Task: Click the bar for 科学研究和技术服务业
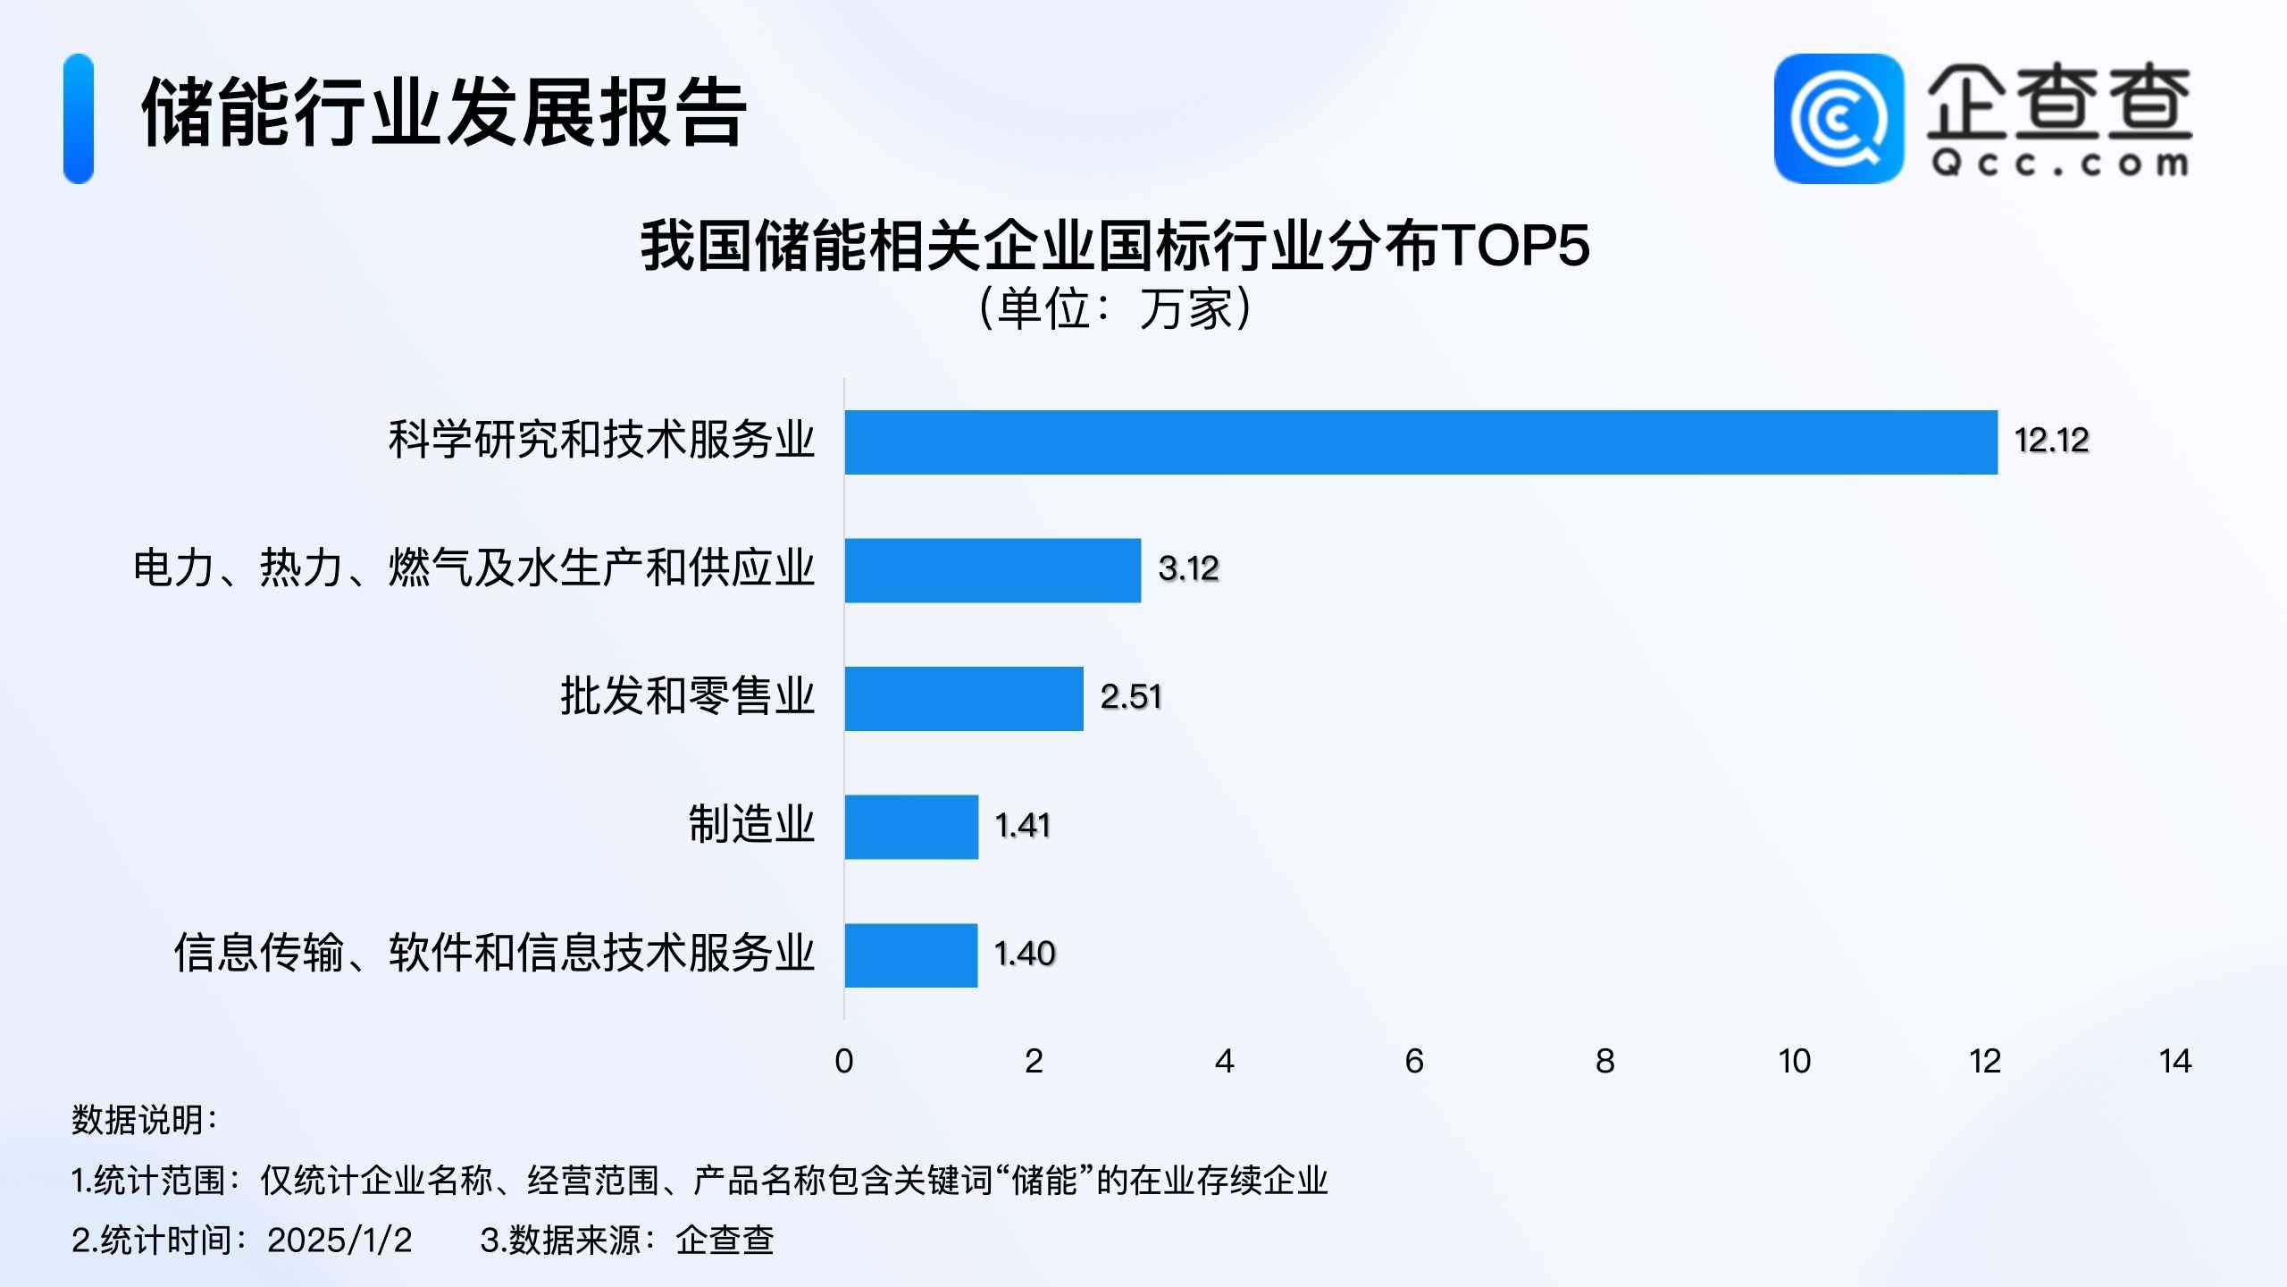click(x=1420, y=442)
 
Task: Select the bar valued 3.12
click(x=993, y=570)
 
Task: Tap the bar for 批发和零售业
click(x=964, y=699)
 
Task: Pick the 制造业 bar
click(x=911, y=827)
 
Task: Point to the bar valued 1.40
click(x=911, y=955)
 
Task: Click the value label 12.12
click(x=2051, y=441)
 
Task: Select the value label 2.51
click(x=1131, y=697)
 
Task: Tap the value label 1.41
click(x=1023, y=826)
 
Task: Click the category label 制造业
click(x=751, y=825)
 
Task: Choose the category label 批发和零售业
click(x=687, y=696)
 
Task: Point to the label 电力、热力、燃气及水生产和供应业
click(x=473, y=568)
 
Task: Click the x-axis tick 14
click(x=2175, y=1062)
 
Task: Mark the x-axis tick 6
click(x=1414, y=1062)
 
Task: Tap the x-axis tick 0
click(x=844, y=1062)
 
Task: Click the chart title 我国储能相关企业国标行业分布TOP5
click(x=1115, y=246)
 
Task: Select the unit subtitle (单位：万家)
click(x=1115, y=309)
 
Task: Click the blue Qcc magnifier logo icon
click(x=1839, y=119)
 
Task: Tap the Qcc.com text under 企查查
click(x=2059, y=164)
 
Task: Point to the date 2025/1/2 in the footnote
click(x=339, y=1241)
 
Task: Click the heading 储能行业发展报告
click(x=444, y=113)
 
